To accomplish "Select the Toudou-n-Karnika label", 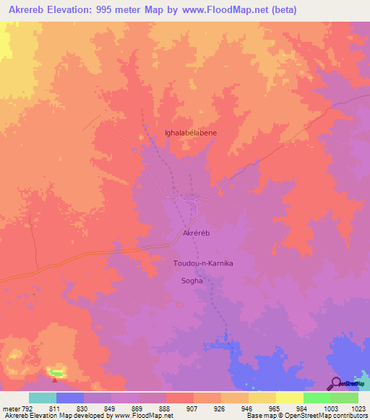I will tap(202, 263).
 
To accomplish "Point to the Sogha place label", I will tap(192, 281).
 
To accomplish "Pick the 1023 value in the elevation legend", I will tap(358, 408).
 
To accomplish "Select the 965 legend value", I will tap(276, 408).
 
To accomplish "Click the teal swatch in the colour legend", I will tap(43, 398).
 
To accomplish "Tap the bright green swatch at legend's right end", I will tap(345, 398).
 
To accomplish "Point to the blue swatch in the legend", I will tap(70, 398).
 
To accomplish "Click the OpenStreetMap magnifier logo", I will tap(335, 382).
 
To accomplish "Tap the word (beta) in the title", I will tap(282, 11).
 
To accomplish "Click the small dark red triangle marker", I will tap(55, 379).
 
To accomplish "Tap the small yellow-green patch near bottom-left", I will tap(56, 372).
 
